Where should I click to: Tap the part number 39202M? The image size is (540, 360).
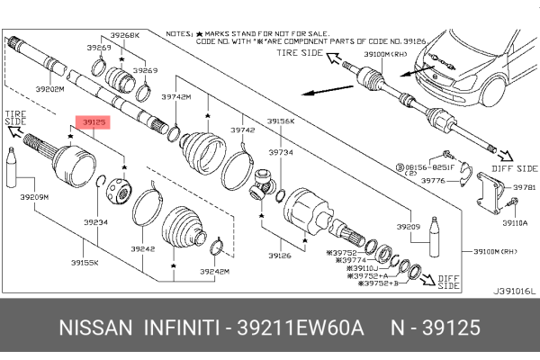pos(49,88)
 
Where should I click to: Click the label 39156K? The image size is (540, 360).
pos(281,121)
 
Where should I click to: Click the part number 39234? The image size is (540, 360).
pos(95,222)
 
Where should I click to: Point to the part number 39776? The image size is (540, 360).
pos(435,181)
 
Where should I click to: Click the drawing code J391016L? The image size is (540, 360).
pos(514,291)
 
